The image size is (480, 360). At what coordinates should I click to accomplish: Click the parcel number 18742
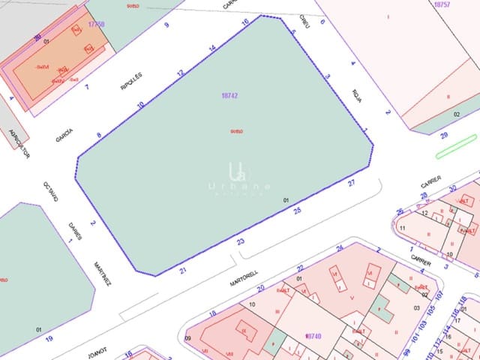[230, 96]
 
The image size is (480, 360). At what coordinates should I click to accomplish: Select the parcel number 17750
[96, 24]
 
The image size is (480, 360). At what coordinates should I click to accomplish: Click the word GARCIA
[64, 135]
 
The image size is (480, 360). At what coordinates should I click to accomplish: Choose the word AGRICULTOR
[19, 142]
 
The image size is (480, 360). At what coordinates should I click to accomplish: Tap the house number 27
[351, 183]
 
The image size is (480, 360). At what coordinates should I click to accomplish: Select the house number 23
[241, 241]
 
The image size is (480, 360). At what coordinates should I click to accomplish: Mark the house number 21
[183, 270]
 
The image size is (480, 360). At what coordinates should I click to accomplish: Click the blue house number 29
[444, 135]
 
